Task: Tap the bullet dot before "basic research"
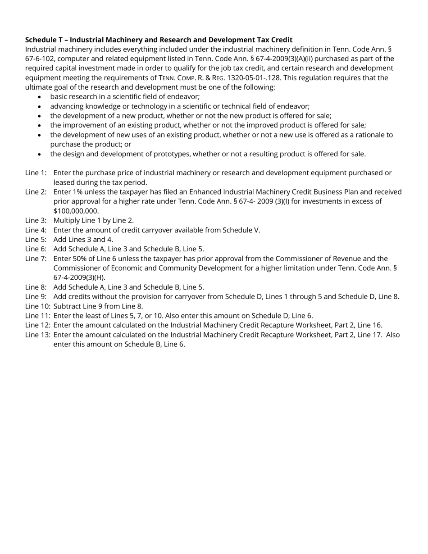(41, 97)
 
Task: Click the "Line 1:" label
(36, 173)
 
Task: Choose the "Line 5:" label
(36, 239)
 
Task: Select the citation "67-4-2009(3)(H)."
(79, 277)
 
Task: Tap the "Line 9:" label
(36, 296)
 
